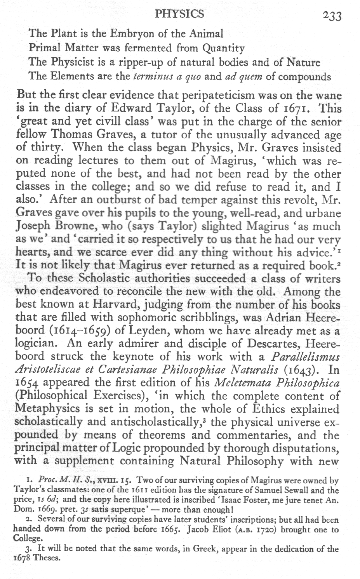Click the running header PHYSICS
[179, 14]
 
